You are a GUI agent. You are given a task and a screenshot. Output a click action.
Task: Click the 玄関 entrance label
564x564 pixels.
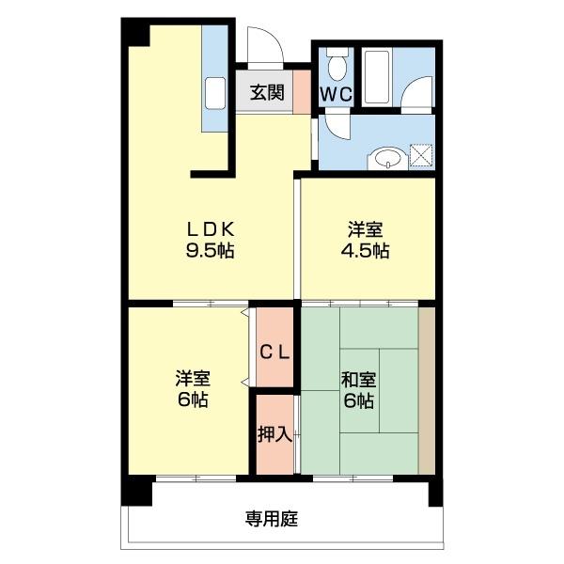267,93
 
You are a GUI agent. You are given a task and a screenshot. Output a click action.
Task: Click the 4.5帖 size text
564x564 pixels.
367,251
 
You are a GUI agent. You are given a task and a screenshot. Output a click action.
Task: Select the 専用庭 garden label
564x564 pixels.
273,518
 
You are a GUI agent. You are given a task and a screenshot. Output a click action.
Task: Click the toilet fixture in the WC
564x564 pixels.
337,65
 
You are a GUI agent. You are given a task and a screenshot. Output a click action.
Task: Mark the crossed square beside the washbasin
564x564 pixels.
422,157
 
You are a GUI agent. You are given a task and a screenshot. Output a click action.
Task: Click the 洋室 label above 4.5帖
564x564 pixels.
367,229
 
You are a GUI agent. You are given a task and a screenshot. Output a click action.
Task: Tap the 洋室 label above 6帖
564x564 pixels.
193,379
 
